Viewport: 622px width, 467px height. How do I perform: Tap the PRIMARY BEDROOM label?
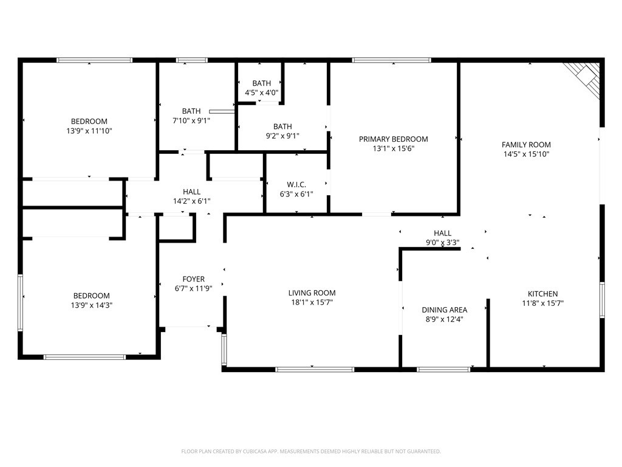coord(393,139)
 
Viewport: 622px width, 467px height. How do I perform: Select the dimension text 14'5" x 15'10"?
coord(526,154)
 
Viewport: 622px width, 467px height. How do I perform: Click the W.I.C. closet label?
coord(296,185)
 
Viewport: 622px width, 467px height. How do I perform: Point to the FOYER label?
coord(194,279)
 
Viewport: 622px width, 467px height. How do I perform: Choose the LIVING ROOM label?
coord(312,292)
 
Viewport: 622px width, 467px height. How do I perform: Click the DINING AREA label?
coord(445,310)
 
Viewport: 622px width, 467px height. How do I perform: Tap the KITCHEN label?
coord(542,294)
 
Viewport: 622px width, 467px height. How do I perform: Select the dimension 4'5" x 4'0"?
coord(261,92)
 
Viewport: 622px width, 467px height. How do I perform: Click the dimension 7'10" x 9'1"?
coord(191,120)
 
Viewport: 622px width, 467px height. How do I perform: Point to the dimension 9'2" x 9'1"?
coord(282,136)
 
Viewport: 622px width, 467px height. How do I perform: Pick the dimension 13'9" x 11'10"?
coord(89,131)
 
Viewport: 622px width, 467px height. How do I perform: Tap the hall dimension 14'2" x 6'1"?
coord(191,201)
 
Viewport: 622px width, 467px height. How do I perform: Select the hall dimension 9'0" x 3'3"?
coord(442,242)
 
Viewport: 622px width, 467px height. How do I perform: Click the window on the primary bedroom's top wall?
coord(391,60)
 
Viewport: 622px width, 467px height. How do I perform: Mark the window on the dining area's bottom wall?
coord(443,368)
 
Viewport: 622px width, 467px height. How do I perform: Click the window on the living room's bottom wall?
coord(315,368)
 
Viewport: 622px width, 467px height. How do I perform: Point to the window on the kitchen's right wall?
coord(602,300)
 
